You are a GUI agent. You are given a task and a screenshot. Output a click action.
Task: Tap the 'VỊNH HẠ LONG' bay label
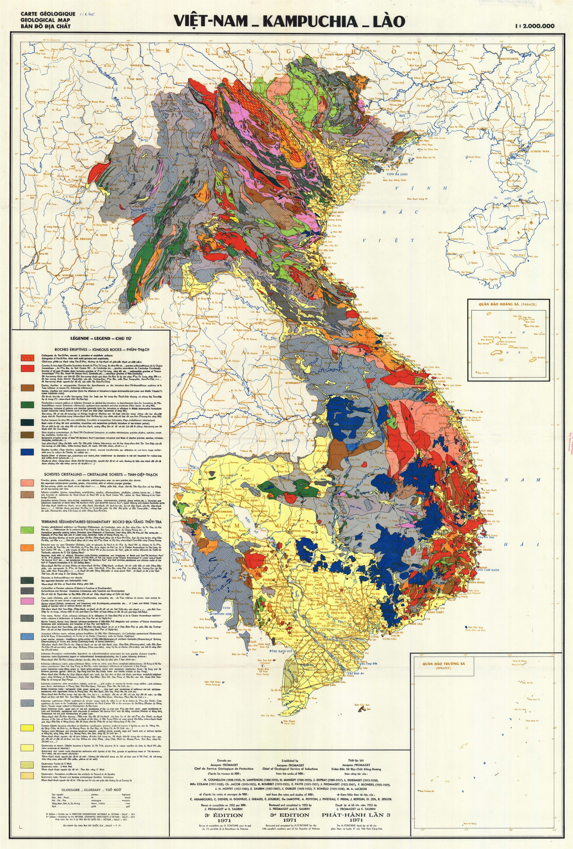[x=397, y=174]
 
